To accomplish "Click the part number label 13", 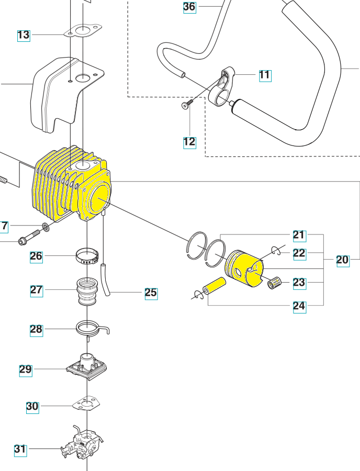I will pos(24,35).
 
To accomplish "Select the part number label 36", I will pos(189,7).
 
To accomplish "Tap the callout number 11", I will pos(265,75).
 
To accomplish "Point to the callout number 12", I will pos(189,141).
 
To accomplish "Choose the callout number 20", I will pos(342,260).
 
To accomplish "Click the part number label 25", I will pos(151,293).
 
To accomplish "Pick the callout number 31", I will pos(20,449).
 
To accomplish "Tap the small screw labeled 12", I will pos(185,106).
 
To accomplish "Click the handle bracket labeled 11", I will pos(222,86).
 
